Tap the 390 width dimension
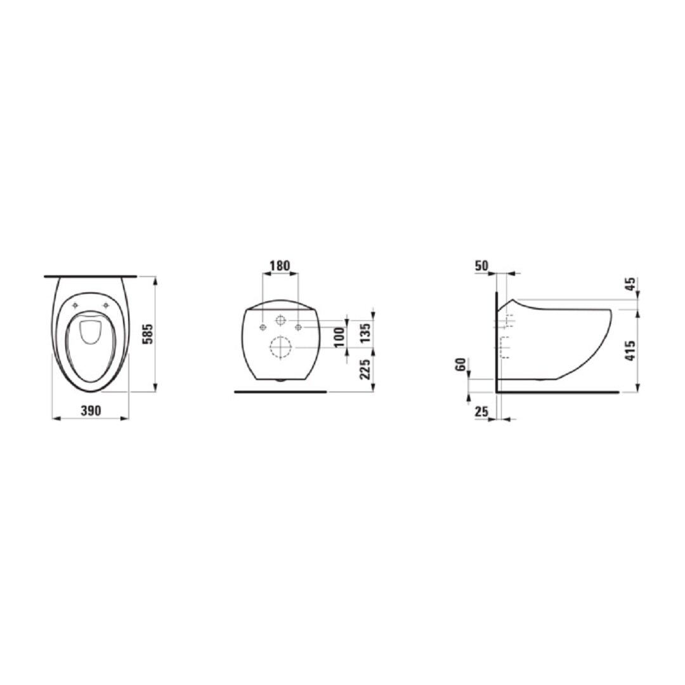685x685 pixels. pos(91,410)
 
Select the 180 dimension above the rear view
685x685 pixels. pos(279,266)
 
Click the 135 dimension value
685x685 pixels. pos(366,332)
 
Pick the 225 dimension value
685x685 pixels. pos(366,369)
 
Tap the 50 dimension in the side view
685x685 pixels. pos(482,266)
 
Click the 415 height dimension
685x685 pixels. pos(631,350)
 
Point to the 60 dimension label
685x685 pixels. pos(460,365)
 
